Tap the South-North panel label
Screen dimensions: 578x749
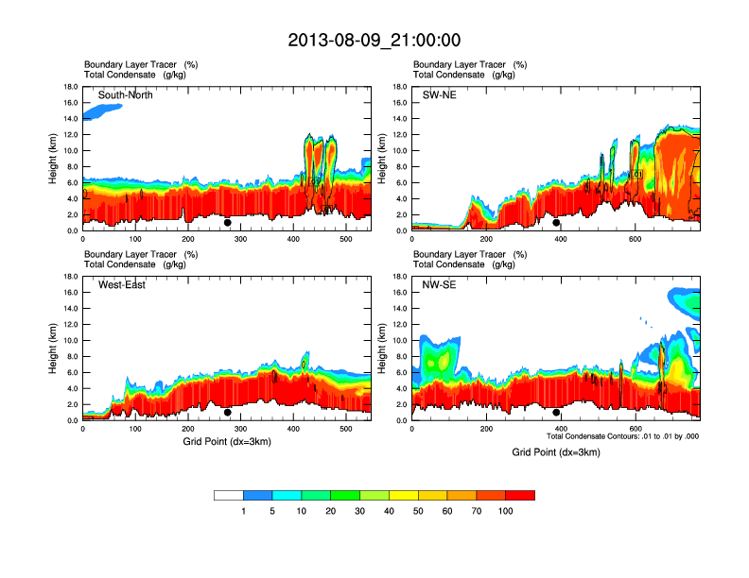point(126,95)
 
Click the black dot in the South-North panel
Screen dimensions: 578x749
point(228,223)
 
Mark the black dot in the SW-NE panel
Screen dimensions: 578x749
point(556,223)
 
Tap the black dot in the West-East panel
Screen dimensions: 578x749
point(228,413)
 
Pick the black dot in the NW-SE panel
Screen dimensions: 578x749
point(556,413)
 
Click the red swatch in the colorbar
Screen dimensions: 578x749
point(520,495)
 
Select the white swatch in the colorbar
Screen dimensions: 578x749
point(229,495)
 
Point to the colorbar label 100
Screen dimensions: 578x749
point(505,511)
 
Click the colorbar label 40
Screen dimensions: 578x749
point(389,511)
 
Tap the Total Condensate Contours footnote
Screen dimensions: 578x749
point(622,436)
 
